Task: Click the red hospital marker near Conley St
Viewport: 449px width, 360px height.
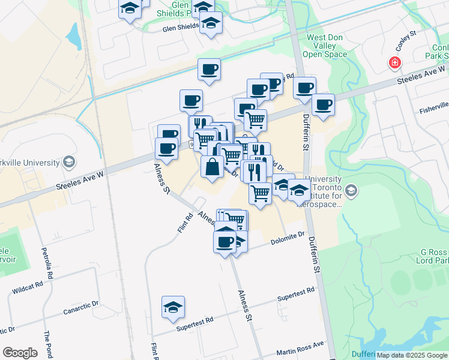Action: coord(394,62)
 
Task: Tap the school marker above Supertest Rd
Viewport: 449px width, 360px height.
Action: coord(173,308)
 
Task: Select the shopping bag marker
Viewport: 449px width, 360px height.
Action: coord(212,167)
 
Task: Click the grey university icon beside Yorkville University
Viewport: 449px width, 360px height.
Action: coord(70,162)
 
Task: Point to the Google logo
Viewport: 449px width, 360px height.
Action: coord(20,353)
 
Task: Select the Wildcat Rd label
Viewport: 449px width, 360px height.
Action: coord(28,288)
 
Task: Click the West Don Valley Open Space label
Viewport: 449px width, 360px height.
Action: coord(327,46)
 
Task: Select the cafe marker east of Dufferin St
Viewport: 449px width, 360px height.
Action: coord(323,105)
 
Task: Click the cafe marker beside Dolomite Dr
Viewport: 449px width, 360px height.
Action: coord(224,242)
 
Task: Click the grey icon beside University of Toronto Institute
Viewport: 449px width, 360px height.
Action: coord(351,191)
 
